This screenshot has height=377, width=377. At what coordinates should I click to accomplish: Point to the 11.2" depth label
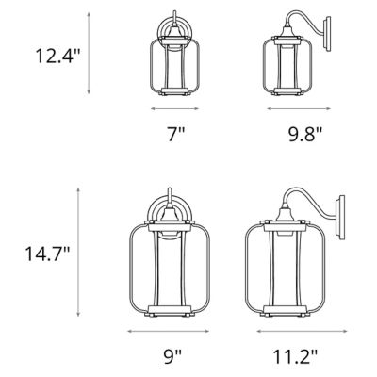pos(294,356)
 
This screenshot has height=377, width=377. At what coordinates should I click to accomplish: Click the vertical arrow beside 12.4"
pos(90,54)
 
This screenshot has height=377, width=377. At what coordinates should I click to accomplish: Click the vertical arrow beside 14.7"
pos(90,253)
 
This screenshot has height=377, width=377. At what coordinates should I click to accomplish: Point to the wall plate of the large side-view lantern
pos(342,220)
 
